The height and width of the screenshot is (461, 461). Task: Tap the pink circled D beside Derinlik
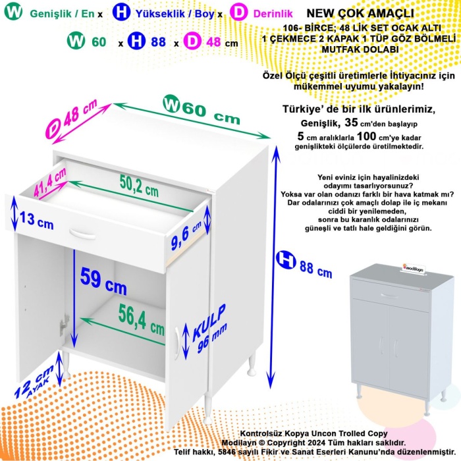pyautogui.click(x=240, y=12)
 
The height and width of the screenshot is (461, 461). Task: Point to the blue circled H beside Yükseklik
pyautogui.click(x=121, y=12)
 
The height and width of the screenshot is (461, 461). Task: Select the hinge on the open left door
pyautogui.click(x=64, y=323)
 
